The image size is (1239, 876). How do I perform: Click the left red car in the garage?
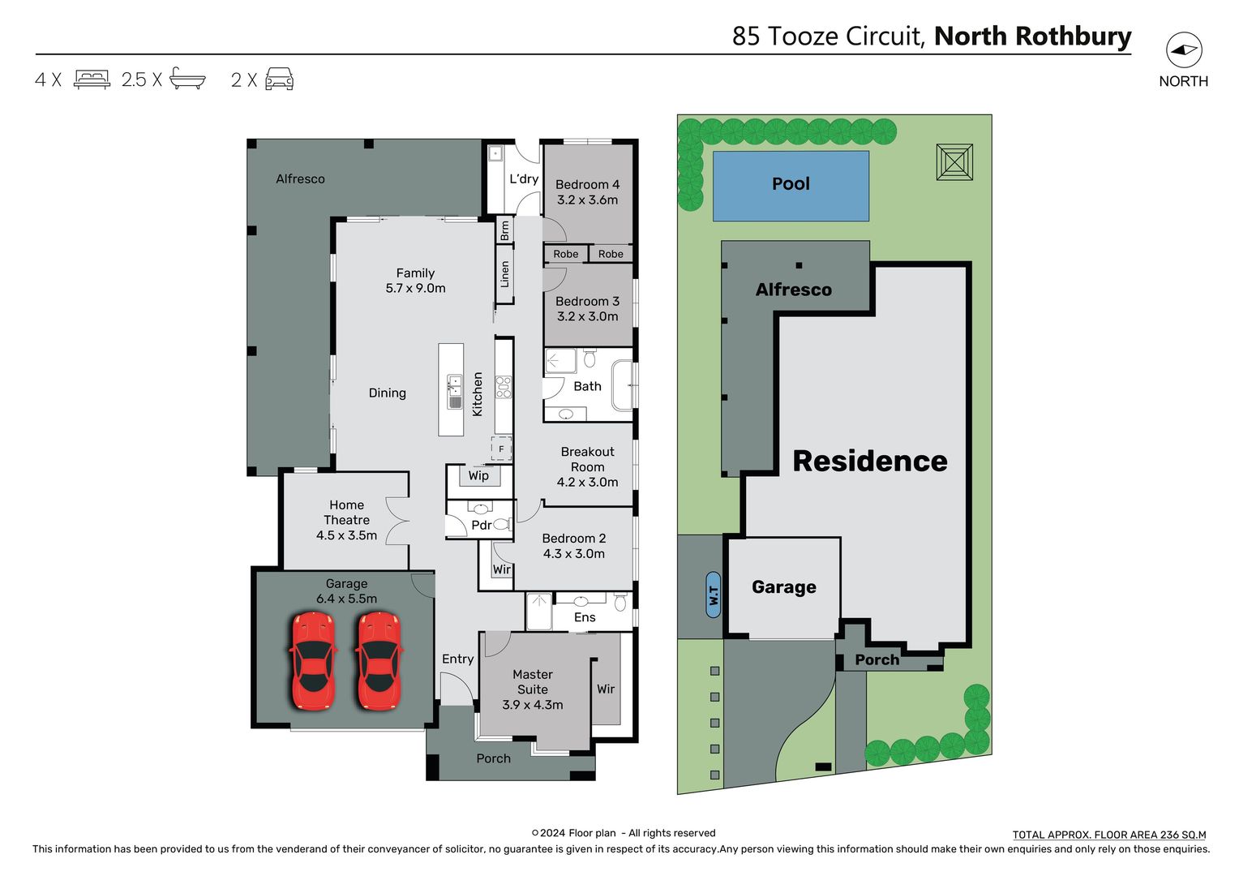click(312, 660)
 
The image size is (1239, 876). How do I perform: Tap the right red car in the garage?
click(379, 660)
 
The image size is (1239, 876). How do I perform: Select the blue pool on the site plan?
click(791, 186)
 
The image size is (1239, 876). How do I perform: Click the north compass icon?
click(1184, 50)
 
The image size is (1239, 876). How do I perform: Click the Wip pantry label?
click(478, 476)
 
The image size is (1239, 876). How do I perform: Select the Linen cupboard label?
click(505, 274)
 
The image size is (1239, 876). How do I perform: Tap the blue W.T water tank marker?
click(713, 595)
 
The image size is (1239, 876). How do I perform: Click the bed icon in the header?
click(92, 79)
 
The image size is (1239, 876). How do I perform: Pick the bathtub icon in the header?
click(187, 79)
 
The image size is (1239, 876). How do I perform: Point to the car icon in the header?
click(279, 79)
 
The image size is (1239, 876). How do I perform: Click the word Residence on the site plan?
click(869, 461)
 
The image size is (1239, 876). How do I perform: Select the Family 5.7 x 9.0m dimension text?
click(415, 288)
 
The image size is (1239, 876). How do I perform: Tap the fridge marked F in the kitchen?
click(501, 449)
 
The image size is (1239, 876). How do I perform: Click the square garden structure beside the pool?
click(954, 162)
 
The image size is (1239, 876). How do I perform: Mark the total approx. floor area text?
click(1108, 835)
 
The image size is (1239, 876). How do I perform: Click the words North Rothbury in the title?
click(1032, 36)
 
